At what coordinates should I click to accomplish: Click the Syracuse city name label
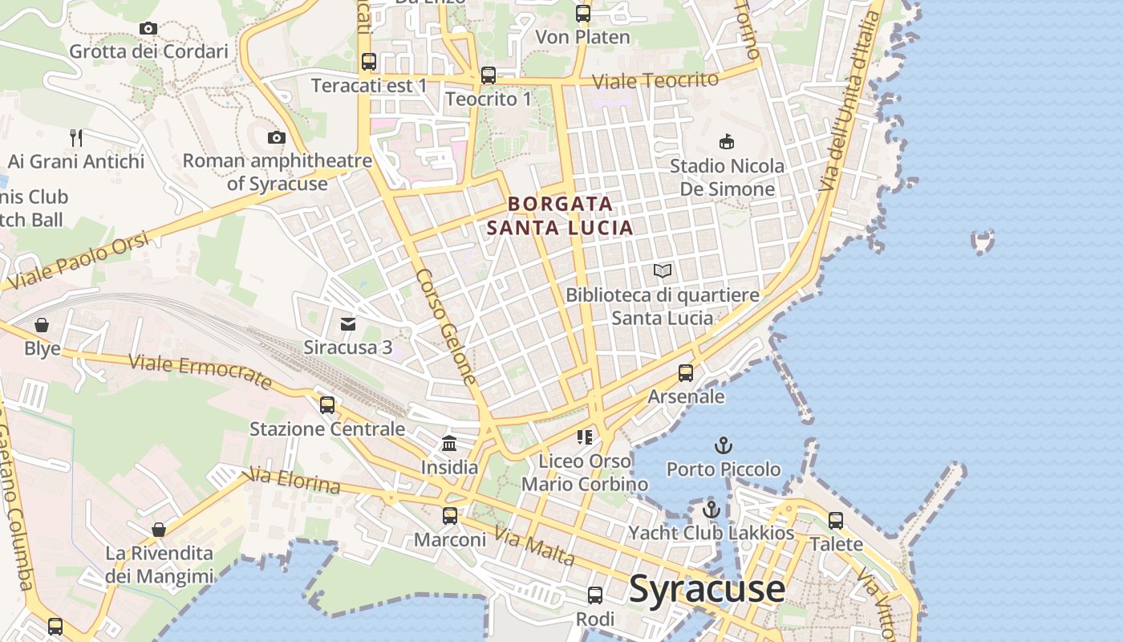tap(707, 588)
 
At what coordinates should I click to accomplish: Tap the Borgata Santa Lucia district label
tap(560, 216)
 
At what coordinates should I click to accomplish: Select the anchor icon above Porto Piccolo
tap(724, 445)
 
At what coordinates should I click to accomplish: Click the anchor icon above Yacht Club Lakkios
tap(711, 509)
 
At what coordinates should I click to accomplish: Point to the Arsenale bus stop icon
tap(686, 373)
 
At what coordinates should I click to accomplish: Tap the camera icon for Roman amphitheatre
tap(277, 137)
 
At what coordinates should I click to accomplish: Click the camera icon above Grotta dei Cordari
tap(148, 29)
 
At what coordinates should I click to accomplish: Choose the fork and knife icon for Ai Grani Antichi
tap(76, 137)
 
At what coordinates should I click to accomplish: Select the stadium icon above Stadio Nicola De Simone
tap(727, 142)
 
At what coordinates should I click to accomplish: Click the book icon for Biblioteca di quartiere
tap(663, 271)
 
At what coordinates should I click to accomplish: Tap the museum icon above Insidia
tap(449, 443)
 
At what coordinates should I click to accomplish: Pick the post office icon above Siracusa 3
tap(348, 324)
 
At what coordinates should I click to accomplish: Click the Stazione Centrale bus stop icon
tap(327, 405)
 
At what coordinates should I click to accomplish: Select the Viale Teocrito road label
tap(655, 80)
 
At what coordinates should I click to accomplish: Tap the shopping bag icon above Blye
tap(42, 325)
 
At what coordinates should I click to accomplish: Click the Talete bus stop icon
tap(836, 521)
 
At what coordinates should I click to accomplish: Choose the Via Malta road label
tap(533, 545)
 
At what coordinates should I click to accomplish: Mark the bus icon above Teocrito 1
tap(489, 75)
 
